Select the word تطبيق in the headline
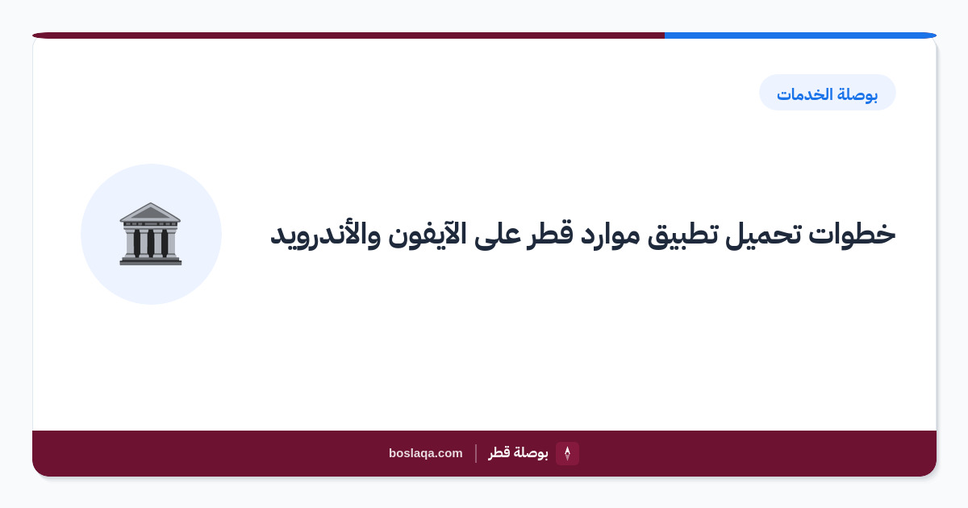(x=682, y=236)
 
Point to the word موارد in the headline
(x=610, y=235)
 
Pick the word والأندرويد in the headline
(x=325, y=235)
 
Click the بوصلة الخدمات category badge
(x=828, y=93)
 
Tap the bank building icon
(x=150, y=234)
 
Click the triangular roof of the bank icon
(x=150, y=212)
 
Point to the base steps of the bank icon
(x=150, y=260)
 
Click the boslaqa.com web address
(x=426, y=453)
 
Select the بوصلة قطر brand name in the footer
(x=518, y=453)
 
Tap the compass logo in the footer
(x=567, y=453)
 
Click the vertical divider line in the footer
(x=476, y=453)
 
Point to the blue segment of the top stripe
(x=800, y=35)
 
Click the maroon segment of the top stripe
(x=348, y=35)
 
